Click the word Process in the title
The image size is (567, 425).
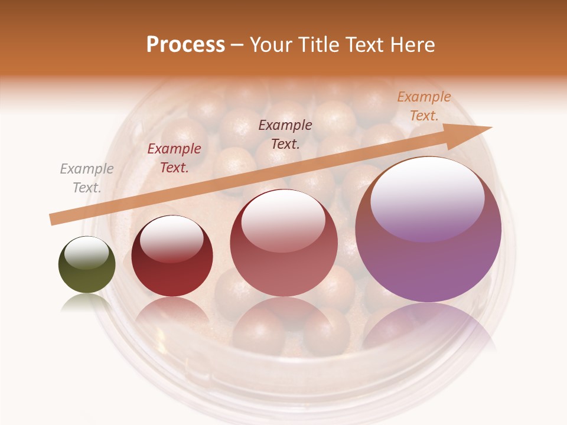[x=185, y=45]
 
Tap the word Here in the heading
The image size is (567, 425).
[x=412, y=45]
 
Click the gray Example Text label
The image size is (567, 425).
[x=87, y=178]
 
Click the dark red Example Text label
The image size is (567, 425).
[x=174, y=158]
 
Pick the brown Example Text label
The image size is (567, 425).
[x=285, y=134]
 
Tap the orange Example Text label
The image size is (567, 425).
[x=423, y=106]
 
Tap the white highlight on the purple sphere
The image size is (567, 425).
[x=427, y=198]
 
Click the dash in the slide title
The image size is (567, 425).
[x=237, y=45]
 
